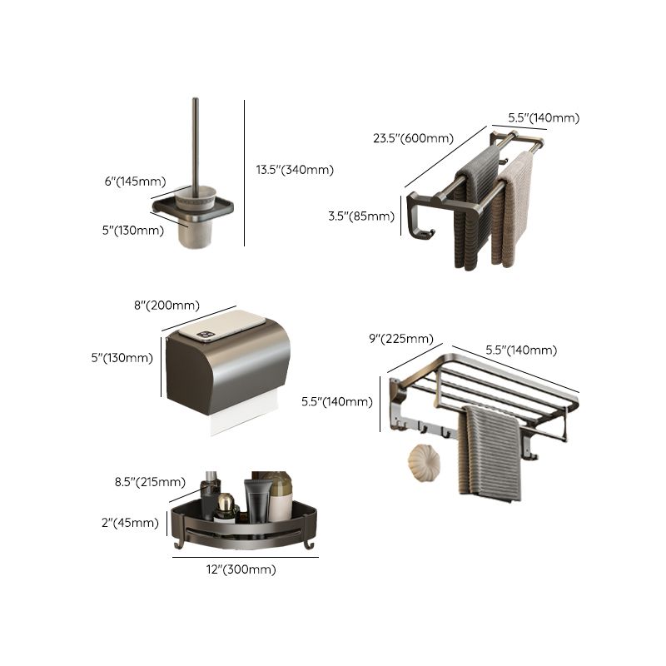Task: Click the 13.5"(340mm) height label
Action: click(295, 170)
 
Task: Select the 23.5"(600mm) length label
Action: click(413, 138)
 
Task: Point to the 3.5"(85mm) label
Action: click(360, 216)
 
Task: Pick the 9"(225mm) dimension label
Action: click(400, 338)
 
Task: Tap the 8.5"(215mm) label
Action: click(150, 481)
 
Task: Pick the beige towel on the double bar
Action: click(517, 208)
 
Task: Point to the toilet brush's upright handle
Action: click(196, 142)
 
